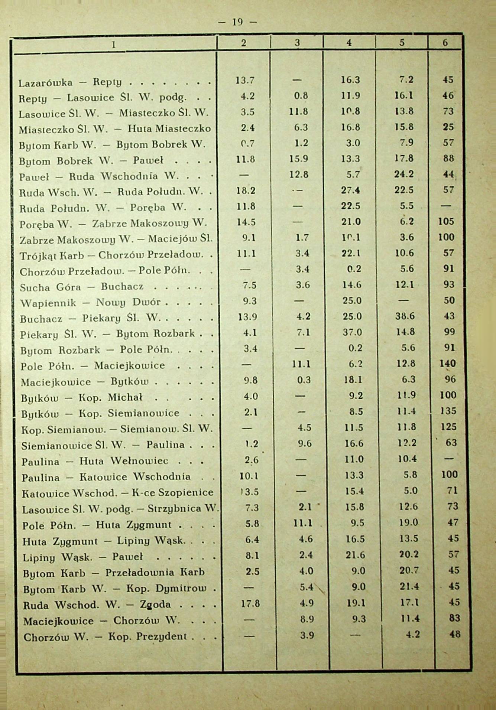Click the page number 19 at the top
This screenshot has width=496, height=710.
[x=237, y=22]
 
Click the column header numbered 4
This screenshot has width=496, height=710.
[x=349, y=42]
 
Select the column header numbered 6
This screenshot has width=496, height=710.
[x=445, y=42]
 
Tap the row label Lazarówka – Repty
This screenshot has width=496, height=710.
[x=72, y=82]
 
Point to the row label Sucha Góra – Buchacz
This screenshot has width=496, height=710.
[x=81, y=287]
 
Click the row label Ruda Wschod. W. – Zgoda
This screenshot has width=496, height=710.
[x=97, y=605]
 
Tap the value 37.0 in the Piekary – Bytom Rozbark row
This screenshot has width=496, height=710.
[x=352, y=332]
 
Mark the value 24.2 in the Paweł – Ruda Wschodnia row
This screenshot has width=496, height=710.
[x=404, y=174]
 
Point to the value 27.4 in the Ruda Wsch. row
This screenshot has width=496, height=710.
[x=351, y=190]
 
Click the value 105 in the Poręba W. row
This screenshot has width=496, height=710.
[x=446, y=221]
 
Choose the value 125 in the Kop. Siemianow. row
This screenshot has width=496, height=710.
[x=448, y=427]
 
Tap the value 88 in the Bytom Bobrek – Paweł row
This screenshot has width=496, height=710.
[x=448, y=158]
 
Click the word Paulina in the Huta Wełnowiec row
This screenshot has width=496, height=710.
[x=40, y=462]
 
